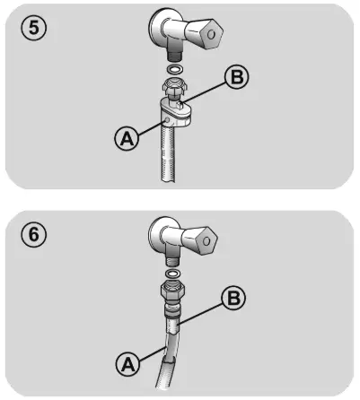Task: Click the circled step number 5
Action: pyautogui.click(x=33, y=28)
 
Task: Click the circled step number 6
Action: pyautogui.click(x=33, y=234)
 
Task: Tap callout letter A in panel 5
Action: pyautogui.click(x=127, y=138)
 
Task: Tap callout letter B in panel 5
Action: pyautogui.click(x=237, y=76)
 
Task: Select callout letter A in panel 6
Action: pyautogui.click(x=127, y=364)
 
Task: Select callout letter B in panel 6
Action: pyautogui.click(x=233, y=298)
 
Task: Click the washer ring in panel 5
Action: pyautogui.click(x=174, y=69)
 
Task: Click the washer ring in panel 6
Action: pyautogui.click(x=172, y=274)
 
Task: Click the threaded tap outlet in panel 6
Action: pyautogui.click(x=172, y=261)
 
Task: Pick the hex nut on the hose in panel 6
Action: pyautogui.click(x=172, y=291)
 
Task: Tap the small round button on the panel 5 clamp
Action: pyautogui.click(x=167, y=120)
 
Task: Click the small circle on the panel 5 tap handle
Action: pyautogui.click(x=211, y=34)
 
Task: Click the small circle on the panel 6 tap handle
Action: pyautogui.click(x=206, y=240)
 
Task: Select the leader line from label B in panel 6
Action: pyautogui.click(x=199, y=315)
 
